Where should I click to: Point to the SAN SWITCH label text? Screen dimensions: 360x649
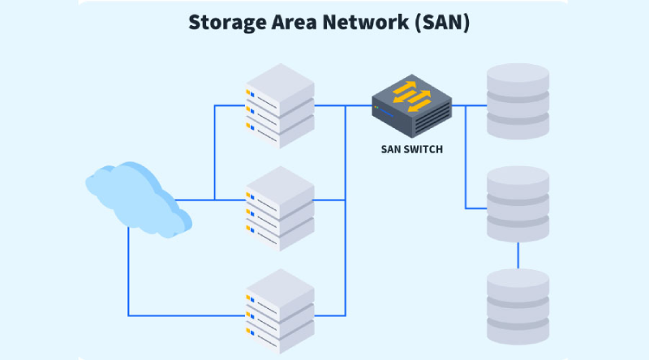[x=412, y=149]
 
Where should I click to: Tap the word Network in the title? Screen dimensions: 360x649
[x=363, y=22]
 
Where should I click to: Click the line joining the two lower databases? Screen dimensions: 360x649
[x=518, y=256]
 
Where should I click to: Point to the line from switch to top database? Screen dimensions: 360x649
[x=471, y=105]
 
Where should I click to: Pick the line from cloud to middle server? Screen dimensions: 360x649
[x=211, y=199]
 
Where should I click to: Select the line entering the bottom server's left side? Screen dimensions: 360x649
[x=187, y=315]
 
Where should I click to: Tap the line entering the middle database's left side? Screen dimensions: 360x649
[x=475, y=208]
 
